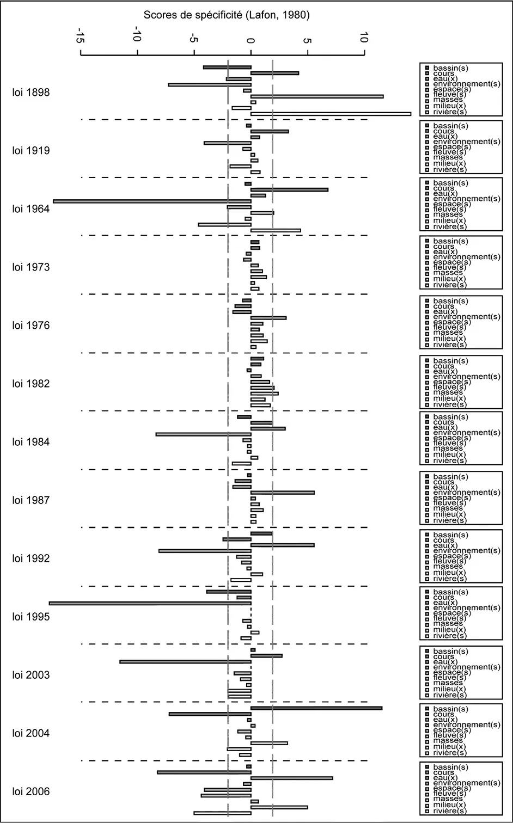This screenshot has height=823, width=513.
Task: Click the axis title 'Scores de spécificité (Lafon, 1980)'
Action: point(227,15)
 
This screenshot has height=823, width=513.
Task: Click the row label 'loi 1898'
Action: point(31,93)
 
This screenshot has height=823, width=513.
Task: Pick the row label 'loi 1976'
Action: point(31,325)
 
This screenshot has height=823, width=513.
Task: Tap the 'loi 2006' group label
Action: point(31,791)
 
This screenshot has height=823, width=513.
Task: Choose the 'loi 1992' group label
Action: point(31,558)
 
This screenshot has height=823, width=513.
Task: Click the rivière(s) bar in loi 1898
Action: point(331,114)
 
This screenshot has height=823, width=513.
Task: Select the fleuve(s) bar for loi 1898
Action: point(317,96)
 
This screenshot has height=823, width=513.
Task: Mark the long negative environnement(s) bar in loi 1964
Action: point(152,201)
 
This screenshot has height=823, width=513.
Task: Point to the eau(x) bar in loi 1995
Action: point(150,603)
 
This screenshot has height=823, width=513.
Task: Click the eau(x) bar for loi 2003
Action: point(185,662)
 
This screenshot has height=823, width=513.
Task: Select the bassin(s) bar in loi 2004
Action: point(316,708)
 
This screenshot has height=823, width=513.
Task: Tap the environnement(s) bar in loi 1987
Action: point(282,493)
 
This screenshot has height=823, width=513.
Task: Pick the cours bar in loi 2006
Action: point(204,772)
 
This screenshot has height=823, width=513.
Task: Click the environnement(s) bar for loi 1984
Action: point(203,434)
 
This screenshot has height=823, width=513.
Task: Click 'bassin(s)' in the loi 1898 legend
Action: point(450,68)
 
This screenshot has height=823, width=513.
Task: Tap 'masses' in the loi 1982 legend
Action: point(448,392)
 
